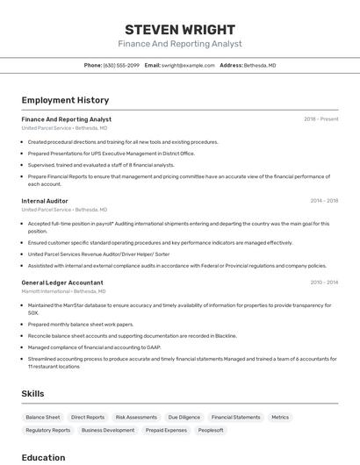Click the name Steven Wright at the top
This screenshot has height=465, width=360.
(x=180, y=29)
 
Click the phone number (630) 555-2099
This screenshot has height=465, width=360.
(x=121, y=65)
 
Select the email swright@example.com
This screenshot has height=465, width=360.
(x=188, y=65)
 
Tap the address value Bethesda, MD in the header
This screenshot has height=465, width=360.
(x=260, y=65)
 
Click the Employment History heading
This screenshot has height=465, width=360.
(x=65, y=100)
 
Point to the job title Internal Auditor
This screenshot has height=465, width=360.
(x=45, y=201)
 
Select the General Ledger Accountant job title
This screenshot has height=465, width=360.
(x=62, y=283)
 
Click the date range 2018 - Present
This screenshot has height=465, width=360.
(x=320, y=119)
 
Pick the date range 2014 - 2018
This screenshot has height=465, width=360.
(x=324, y=201)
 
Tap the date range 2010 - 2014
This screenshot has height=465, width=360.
(x=324, y=283)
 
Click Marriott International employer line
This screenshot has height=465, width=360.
(x=63, y=291)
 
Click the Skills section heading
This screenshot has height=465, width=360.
(x=32, y=394)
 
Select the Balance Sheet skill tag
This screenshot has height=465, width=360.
(x=43, y=418)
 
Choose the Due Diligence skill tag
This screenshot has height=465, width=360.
(x=184, y=418)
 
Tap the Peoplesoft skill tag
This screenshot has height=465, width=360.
(x=211, y=431)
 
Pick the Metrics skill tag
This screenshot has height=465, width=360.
(x=280, y=418)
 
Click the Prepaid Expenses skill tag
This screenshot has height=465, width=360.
(x=166, y=431)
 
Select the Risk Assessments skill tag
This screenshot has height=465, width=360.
(x=136, y=418)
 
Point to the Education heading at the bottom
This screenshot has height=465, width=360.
(x=43, y=457)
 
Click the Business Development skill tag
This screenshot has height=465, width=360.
(x=108, y=431)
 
